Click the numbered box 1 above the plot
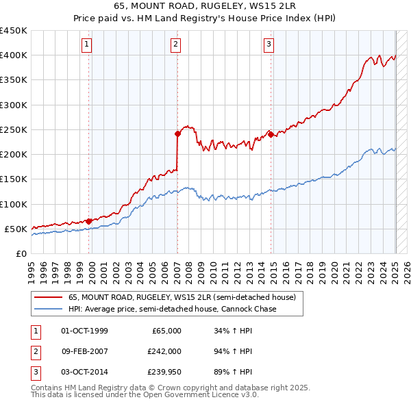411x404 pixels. point(88,45)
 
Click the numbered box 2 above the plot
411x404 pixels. point(176,45)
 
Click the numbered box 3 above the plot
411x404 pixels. point(269,45)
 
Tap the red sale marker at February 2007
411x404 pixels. point(177,134)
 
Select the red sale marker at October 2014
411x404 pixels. point(271,135)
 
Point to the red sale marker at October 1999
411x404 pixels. point(89,221)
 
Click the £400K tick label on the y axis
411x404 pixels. point(13,55)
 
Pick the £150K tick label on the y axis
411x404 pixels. point(13,179)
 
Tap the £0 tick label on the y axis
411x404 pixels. point(21,254)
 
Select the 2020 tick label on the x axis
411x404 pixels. point(335,267)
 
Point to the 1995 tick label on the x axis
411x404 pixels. point(32,267)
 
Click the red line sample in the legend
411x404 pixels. point(47,298)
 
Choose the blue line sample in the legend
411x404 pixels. point(47,310)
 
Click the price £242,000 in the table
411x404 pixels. point(165,351)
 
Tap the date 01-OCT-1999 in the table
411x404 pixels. point(84,331)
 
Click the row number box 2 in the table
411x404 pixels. point(35,351)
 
